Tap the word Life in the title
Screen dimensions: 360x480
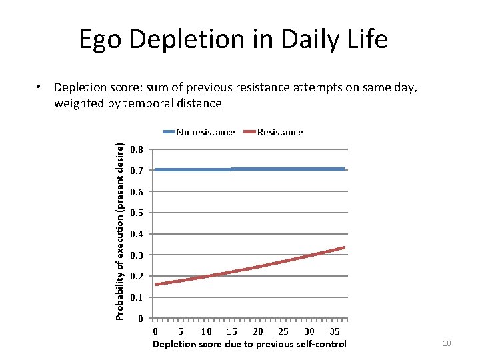(365, 40)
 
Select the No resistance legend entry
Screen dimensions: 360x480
(205, 132)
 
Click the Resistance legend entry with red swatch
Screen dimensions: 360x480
(279, 132)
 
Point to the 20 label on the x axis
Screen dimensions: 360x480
(258, 331)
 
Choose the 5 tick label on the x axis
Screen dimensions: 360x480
(181, 331)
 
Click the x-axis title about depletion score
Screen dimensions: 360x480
(249, 344)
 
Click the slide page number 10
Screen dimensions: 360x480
(447, 343)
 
